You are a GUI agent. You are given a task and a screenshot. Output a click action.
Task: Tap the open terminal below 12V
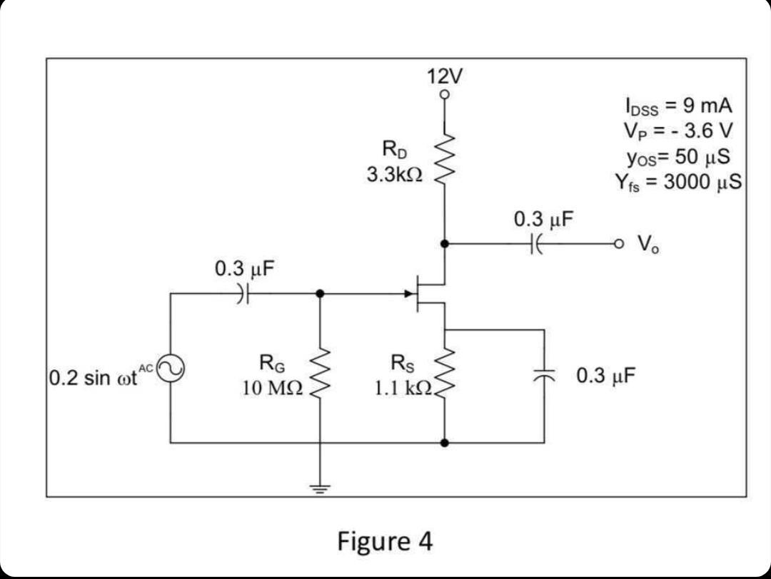(445, 94)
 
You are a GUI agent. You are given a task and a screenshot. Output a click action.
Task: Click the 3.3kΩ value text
(394, 174)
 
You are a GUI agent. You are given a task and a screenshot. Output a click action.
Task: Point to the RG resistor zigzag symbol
(320, 374)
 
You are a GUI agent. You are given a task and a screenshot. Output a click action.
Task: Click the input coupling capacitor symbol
(244, 293)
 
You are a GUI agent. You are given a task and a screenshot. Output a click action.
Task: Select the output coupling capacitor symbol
(537, 244)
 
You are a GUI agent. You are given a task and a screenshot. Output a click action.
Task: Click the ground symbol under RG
(320, 488)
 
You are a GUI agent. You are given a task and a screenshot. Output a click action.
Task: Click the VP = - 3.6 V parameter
(677, 131)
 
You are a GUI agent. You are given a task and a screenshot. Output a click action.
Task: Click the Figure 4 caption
(385, 541)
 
